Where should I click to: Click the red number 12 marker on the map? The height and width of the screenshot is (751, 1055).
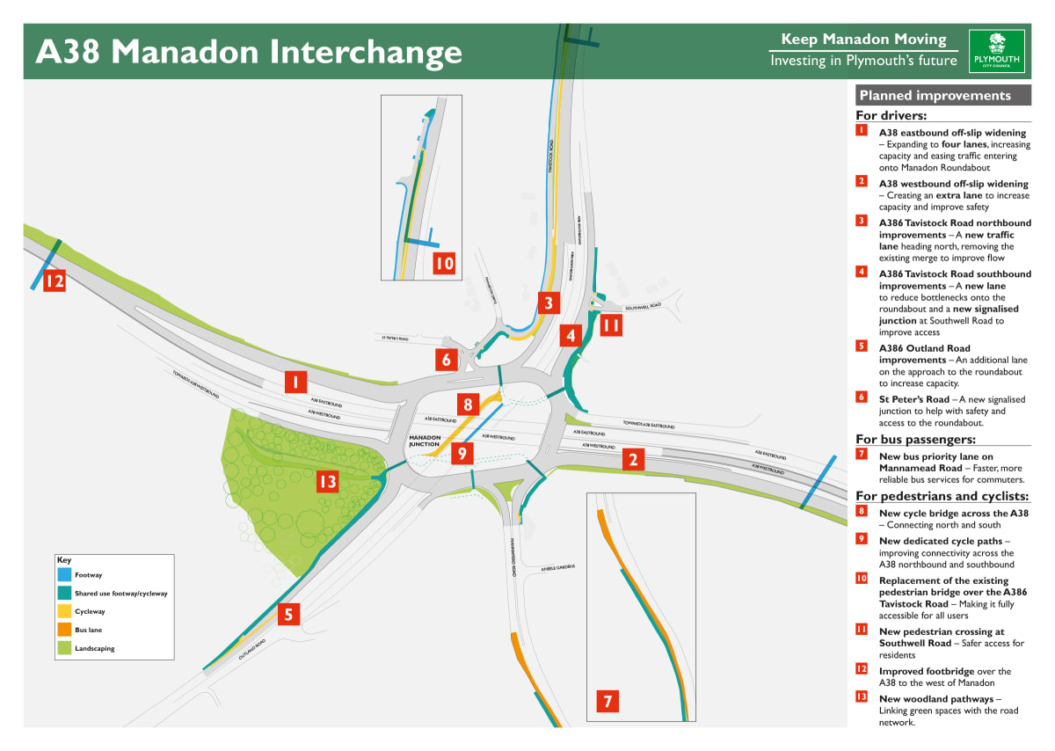55,281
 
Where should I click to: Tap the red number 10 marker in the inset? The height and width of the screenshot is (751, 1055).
445,263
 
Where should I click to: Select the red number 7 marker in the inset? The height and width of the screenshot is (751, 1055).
607,701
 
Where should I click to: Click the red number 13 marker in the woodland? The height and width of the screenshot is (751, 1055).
327,481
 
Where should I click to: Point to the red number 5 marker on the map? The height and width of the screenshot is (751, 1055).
288,614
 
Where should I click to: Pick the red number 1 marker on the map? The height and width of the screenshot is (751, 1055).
295,382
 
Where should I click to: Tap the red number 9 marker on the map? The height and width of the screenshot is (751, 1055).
462,454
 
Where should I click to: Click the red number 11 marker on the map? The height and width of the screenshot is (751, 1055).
611,325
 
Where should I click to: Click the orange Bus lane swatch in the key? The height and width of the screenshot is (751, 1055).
65,630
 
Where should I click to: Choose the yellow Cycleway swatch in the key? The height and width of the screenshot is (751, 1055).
65,611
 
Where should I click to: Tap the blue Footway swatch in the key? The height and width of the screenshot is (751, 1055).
65,575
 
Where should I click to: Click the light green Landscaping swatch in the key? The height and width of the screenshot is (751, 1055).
65,648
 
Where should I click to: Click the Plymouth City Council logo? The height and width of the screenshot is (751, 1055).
996,51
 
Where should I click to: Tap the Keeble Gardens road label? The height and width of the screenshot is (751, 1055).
557,567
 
